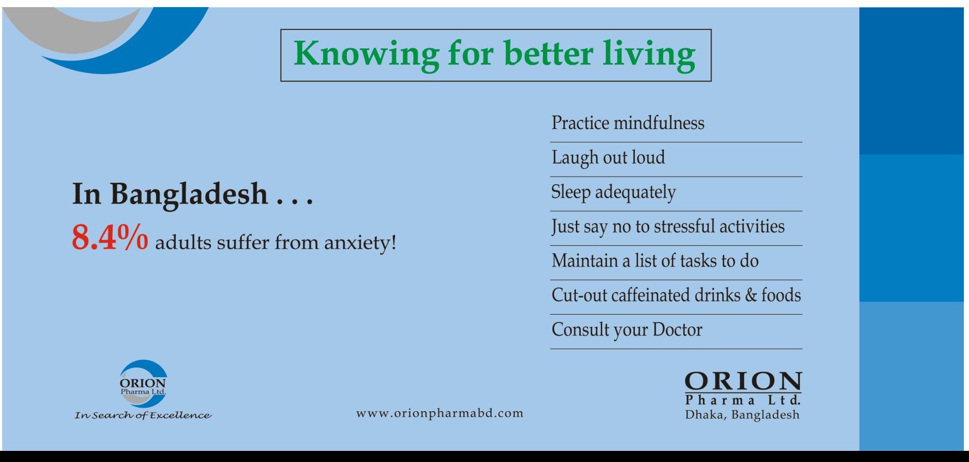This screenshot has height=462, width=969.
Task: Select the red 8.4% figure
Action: pyautogui.click(x=110, y=238)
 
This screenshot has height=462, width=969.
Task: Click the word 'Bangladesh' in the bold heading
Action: pyautogui.click(x=189, y=194)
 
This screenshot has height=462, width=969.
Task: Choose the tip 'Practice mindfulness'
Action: pyautogui.click(x=628, y=123)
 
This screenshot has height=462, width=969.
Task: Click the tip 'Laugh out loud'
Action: pyautogui.click(x=608, y=158)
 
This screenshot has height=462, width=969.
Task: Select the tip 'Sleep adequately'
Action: pyautogui.click(x=613, y=192)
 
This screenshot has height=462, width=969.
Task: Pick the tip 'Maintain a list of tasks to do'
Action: pyautogui.click(x=655, y=261)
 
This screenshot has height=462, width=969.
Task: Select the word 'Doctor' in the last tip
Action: pyautogui.click(x=677, y=330)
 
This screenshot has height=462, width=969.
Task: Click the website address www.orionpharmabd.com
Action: pyautogui.click(x=440, y=413)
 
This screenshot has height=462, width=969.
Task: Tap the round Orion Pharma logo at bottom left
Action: pyautogui.click(x=143, y=384)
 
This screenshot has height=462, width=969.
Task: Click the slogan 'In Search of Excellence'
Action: pyautogui.click(x=143, y=416)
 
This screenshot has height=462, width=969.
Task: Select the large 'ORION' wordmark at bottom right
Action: pyautogui.click(x=744, y=381)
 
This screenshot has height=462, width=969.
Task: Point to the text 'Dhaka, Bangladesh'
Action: pyautogui.click(x=742, y=415)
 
